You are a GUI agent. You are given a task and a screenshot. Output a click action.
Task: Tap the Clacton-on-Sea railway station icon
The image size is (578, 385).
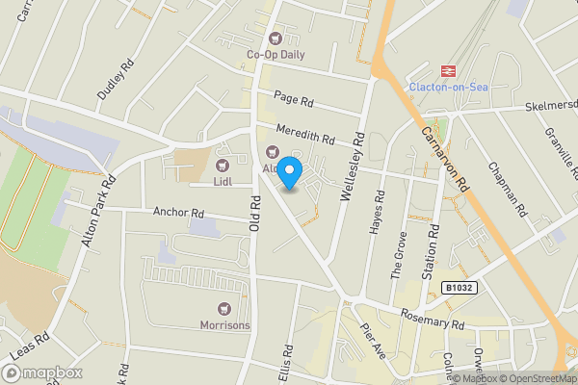pyautogui.click(x=447, y=70)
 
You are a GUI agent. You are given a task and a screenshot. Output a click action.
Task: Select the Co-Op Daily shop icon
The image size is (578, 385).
pyautogui.click(x=276, y=38)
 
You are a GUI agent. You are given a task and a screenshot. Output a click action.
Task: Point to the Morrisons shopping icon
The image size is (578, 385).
pyautogui.click(x=225, y=309)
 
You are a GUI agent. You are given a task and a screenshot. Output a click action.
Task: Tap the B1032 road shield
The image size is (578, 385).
pyautogui.click(x=460, y=288)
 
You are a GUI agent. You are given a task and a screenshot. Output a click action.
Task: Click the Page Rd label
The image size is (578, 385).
pyautogui.click(x=294, y=100)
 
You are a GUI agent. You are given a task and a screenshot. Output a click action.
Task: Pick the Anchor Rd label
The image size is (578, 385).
pyautogui.click(x=179, y=212)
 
